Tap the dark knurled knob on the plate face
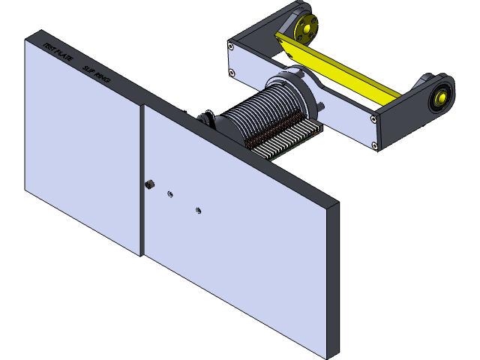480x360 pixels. [x=151, y=184]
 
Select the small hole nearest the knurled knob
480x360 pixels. [x=170, y=193]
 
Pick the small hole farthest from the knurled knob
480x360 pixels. [x=198, y=210]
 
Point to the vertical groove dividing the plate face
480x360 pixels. [x=142, y=180]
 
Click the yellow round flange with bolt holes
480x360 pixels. [x=305, y=28]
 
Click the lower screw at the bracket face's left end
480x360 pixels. [x=231, y=73]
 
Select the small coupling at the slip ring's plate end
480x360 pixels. [x=204, y=118]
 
